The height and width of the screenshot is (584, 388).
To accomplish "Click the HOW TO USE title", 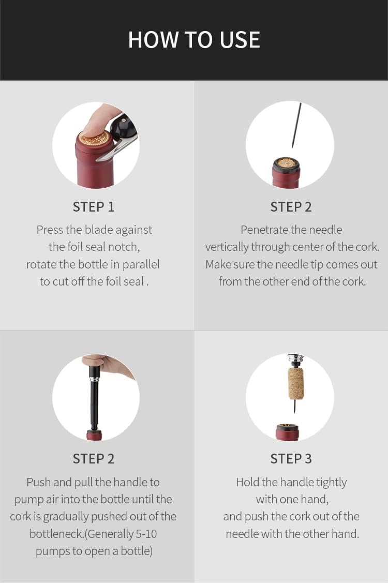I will pos(194,40).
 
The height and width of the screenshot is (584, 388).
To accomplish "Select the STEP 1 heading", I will pos(94,207).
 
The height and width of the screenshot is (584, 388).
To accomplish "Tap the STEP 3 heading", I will pos(291,458).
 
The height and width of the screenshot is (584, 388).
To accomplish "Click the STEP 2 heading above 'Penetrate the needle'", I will pos(291,207).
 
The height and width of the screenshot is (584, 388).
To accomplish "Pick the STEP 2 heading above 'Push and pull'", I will pos(94,458).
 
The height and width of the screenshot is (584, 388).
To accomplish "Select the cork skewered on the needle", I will pos(296,383).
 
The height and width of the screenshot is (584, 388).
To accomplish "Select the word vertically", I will pos(227,247).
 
